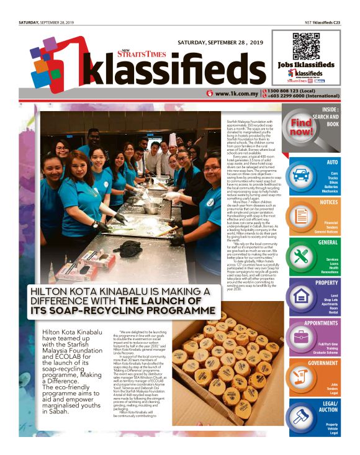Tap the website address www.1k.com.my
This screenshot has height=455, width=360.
coord(237,94)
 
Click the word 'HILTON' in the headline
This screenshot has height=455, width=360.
coord(64,292)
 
